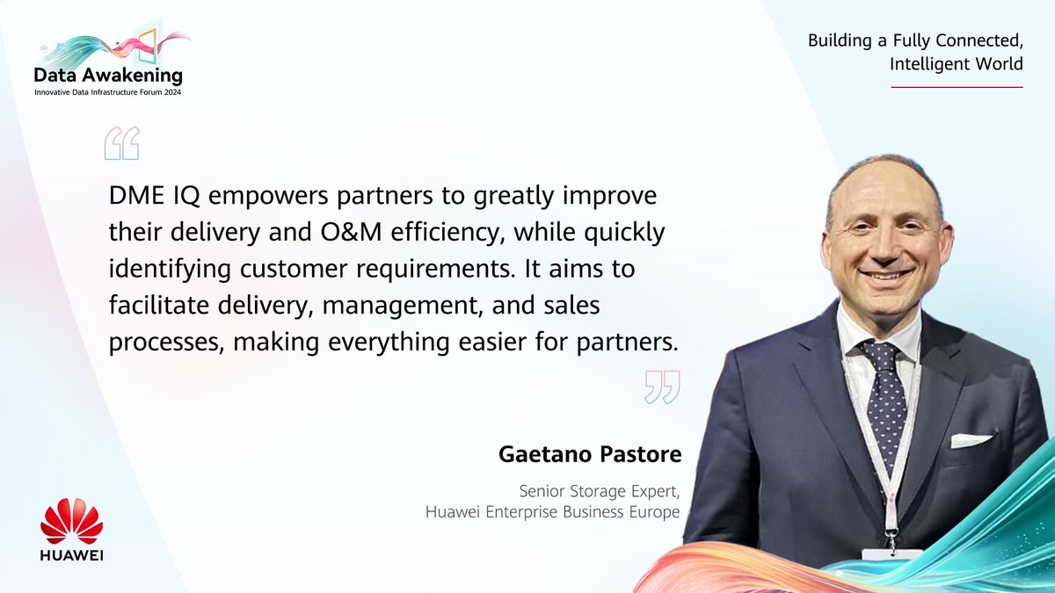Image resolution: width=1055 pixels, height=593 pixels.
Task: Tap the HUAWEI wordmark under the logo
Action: [x=72, y=556]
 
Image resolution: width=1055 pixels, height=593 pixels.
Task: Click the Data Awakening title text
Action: [x=109, y=76]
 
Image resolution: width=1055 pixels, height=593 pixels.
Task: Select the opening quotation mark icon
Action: [x=122, y=143]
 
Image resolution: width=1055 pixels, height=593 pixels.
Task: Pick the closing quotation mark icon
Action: [x=662, y=387]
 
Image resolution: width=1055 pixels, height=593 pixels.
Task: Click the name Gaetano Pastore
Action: [x=588, y=456]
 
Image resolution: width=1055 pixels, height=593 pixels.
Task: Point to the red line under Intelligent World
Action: [x=957, y=87]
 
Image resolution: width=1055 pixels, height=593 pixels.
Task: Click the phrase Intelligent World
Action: [x=957, y=64]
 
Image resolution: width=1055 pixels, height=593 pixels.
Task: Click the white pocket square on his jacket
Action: [x=970, y=439]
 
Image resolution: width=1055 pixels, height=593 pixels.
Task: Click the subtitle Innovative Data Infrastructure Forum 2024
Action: [x=109, y=92]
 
